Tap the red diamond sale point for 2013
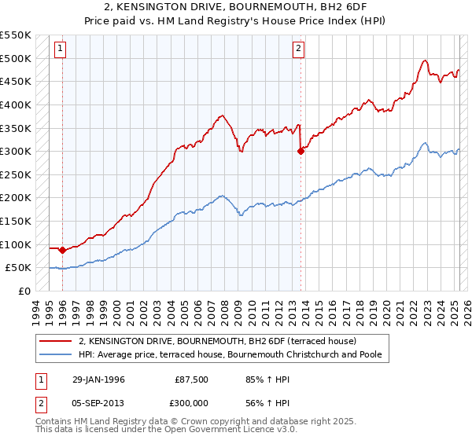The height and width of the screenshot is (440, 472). click(x=301, y=152)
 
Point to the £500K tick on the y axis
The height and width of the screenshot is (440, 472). click(x=16, y=59)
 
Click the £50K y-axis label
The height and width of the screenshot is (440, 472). click(x=19, y=268)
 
